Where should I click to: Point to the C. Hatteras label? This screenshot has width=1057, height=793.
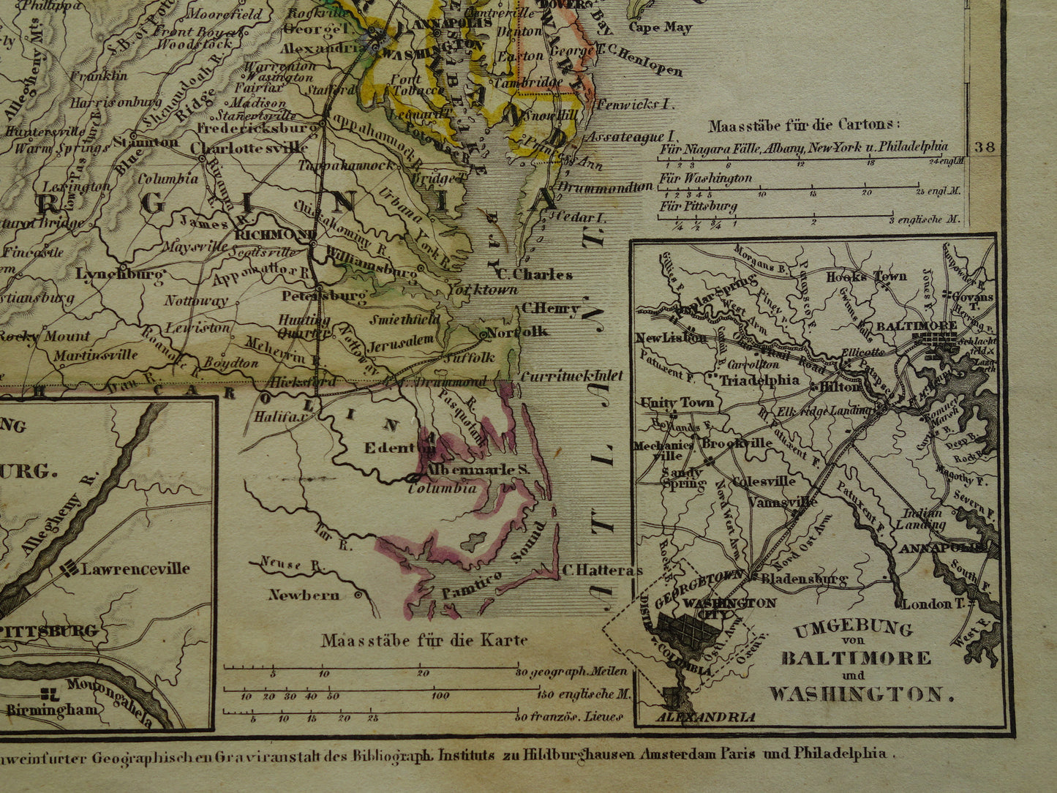(602, 571)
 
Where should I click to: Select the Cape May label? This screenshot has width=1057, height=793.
(661, 27)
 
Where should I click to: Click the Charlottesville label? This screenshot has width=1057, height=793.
(249, 147)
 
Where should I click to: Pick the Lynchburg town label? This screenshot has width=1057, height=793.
(120, 274)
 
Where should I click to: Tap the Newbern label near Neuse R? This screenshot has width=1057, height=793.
(304, 595)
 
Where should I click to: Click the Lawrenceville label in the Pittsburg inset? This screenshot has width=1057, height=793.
(135, 568)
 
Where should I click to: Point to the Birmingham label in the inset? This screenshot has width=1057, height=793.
(52, 710)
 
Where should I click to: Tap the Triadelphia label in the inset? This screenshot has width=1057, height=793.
(759, 380)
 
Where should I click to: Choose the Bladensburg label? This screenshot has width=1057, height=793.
(803, 579)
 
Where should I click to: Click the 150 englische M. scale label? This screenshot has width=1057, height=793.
(573, 694)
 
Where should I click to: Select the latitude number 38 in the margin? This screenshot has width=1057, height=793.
(985, 147)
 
